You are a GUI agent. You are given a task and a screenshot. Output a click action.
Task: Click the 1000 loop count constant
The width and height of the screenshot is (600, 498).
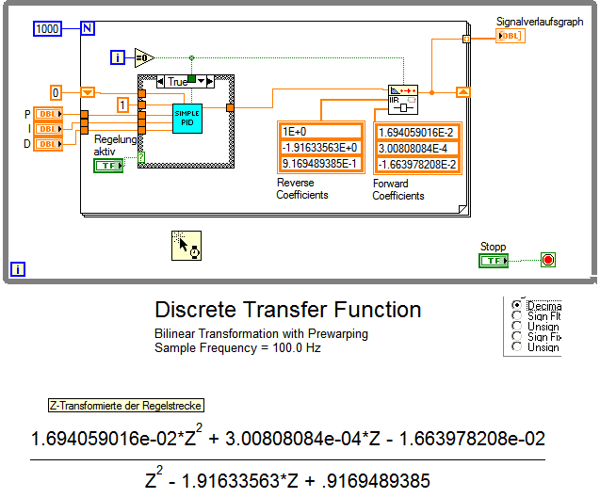click(x=47, y=29)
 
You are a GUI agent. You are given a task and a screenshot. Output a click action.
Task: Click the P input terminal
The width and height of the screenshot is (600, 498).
click(x=46, y=115)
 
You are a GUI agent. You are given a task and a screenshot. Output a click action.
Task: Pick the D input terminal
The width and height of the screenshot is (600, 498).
click(x=46, y=143)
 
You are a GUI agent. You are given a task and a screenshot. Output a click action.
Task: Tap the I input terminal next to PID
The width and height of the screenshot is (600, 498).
click(x=46, y=129)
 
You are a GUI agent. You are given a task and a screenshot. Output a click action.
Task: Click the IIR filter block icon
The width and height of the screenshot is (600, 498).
click(x=402, y=97)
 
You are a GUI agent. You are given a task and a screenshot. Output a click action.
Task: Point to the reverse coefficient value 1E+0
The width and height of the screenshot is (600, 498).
click(x=320, y=132)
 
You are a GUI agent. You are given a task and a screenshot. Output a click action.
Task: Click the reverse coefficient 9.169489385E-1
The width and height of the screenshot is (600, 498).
click(x=320, y=164)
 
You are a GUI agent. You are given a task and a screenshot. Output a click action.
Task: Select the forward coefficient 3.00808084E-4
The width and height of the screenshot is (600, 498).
click(x=416, y=148)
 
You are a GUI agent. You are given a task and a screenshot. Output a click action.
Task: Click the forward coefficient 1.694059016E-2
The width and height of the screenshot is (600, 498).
click(x=416, y=132)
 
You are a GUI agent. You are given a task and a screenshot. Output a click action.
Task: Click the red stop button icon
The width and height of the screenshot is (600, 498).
click(x=547, y=261)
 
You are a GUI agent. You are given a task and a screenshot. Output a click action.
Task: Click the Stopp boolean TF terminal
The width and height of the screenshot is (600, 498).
click(x=494, y=261)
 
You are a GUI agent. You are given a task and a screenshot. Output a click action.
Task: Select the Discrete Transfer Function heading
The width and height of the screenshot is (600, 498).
click(x=287, y=310)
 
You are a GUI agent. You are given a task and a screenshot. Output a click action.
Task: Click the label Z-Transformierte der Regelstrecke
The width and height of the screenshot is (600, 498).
click(x=126, y=406)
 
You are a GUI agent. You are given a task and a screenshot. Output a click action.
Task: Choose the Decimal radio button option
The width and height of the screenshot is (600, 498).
click(x=516, y=306)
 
